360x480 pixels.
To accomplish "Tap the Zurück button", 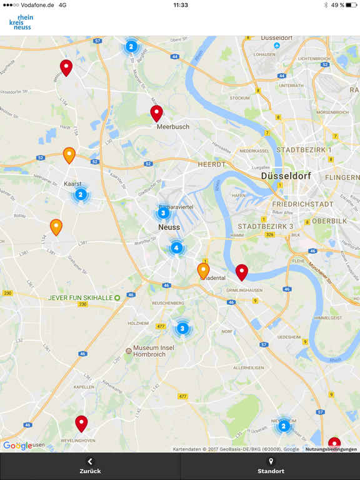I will coord(90,466).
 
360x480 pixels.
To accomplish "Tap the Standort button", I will coord(271,466).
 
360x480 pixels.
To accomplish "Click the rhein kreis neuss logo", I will coord(21,22).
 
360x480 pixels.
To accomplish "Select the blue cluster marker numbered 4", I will coord(176,248).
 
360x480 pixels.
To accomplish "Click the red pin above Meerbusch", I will coord(157,113).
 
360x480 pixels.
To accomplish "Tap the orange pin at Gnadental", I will coord(203,270).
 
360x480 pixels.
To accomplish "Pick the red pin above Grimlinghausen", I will coord(241,272).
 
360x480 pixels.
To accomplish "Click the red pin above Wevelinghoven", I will coord(81,423).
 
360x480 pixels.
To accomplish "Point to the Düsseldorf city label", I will coord(286,176).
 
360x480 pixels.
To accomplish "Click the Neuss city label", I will coord(169,227).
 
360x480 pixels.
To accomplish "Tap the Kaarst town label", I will coord(72,184).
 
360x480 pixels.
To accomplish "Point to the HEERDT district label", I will coord(211,164).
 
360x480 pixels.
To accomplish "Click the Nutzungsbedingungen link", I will coord(331,449).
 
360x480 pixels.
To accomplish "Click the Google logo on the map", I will coord(17,446).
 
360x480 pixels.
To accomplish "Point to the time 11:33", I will coord(180,5).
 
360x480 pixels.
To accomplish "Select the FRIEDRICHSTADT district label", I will coord(302,204).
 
